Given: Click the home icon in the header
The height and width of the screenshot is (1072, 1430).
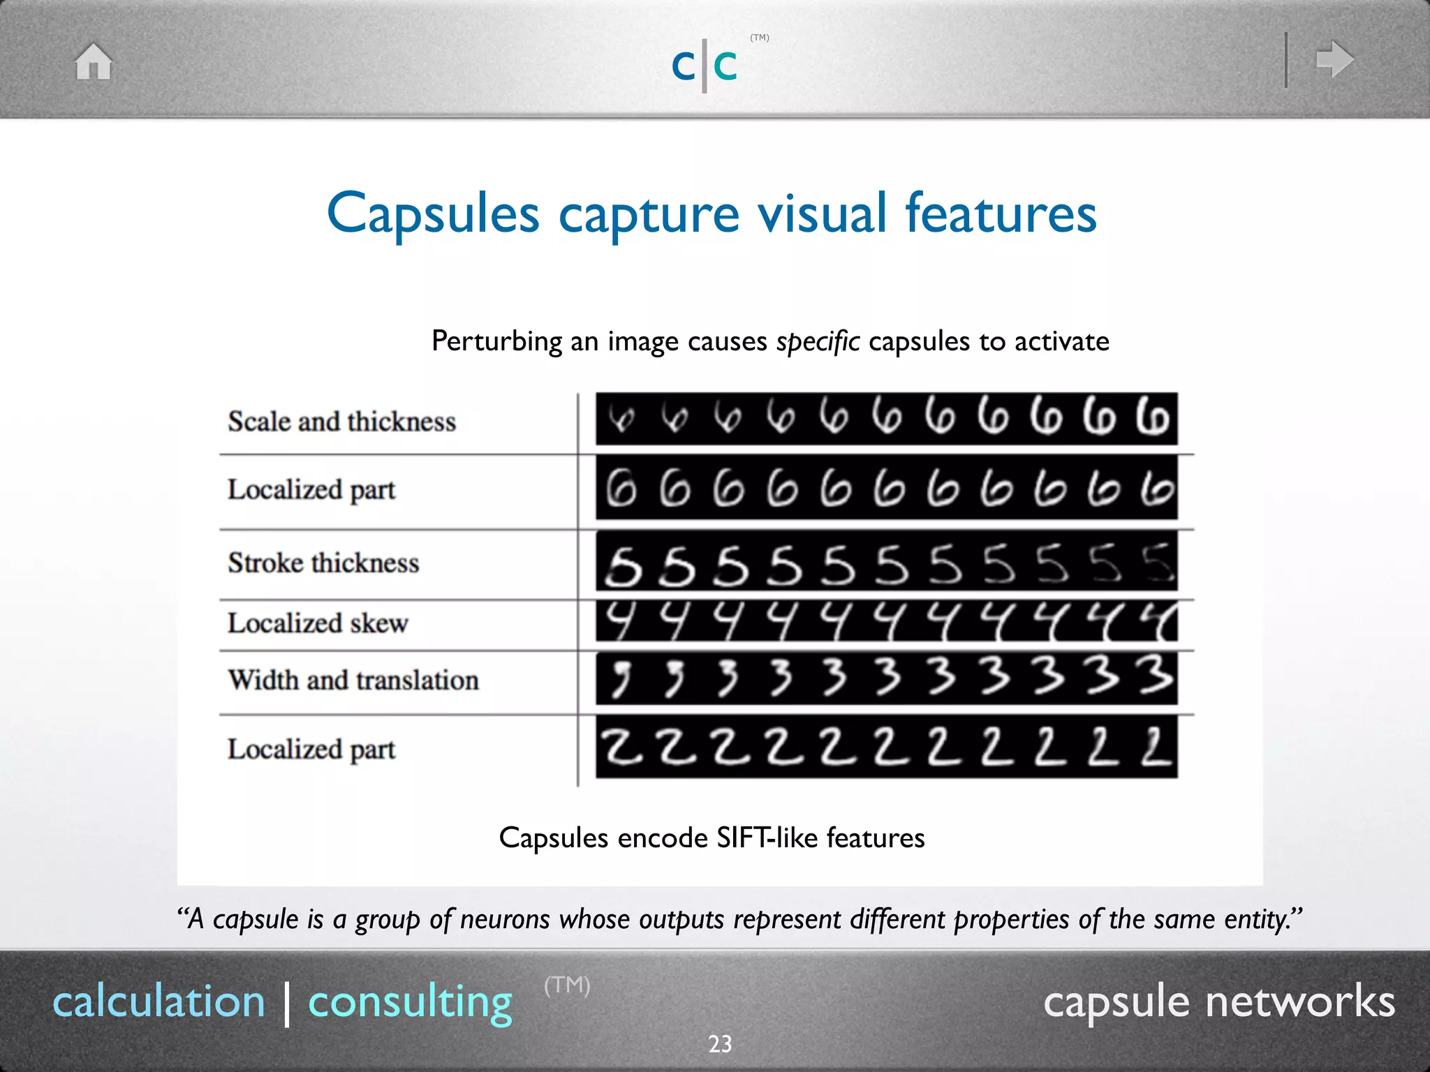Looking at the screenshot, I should [x=94, y=61].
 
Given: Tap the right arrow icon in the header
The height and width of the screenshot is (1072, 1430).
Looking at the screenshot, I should [x=1334, y=59].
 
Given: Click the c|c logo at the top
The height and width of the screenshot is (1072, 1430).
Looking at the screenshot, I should [x=705, y=66].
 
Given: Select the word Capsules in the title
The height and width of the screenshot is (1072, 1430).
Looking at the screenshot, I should [x=433, y=214].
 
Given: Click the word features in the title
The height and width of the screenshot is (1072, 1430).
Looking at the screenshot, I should [x=1001, y=214].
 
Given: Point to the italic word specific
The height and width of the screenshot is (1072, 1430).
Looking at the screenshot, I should [x=818, y=342].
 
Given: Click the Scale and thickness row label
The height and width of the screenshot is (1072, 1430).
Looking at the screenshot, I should [x=341, y=422].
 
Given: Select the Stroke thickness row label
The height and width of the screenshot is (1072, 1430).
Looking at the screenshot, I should [x=323, y=563].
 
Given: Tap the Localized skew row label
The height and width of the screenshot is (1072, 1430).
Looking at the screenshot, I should [x=318, y=623].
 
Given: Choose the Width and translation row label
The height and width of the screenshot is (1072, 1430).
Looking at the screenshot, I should [x=353, y=680].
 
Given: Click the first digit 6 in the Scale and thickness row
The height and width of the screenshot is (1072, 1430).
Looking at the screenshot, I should [x=621, y=419].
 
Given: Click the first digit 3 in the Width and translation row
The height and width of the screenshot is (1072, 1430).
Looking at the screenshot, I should [x=620, y=678].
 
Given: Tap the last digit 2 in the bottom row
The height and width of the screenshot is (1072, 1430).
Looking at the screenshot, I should [x=1156, y=747].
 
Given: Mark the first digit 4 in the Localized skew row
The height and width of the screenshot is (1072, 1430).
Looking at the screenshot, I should [x=619, y=620].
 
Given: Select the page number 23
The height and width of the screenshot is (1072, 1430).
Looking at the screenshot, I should [x=720, y=1044].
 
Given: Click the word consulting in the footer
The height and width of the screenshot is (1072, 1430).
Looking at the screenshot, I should [x=410, y=1002].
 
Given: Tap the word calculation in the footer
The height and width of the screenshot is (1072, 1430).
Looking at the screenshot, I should [x=159, y=1002].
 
